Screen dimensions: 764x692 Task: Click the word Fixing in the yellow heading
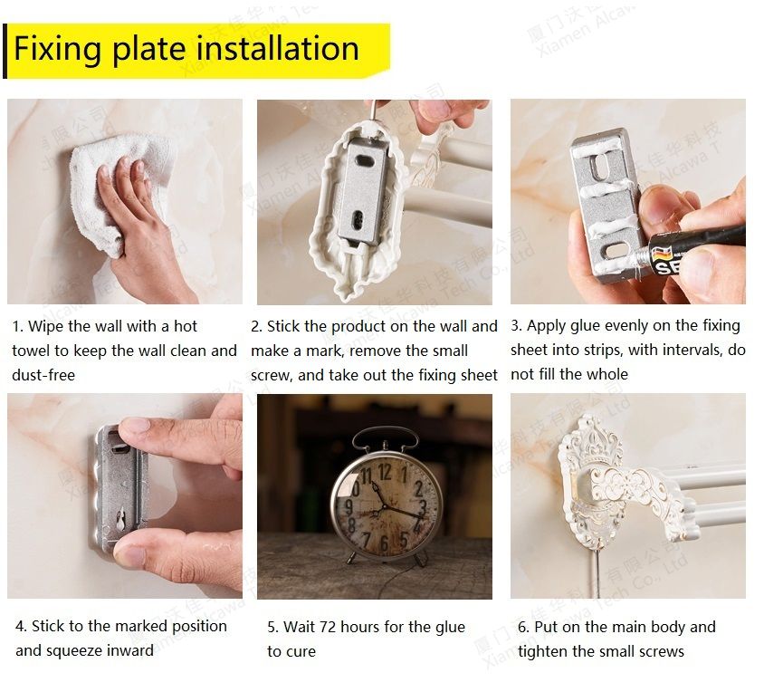58,49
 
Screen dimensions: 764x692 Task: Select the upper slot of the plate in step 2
364,159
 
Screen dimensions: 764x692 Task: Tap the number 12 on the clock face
385,471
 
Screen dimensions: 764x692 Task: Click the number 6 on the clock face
384,543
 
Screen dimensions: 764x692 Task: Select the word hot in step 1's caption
186,326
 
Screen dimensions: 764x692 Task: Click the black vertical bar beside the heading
5,52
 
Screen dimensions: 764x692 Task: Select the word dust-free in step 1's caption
43,376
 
